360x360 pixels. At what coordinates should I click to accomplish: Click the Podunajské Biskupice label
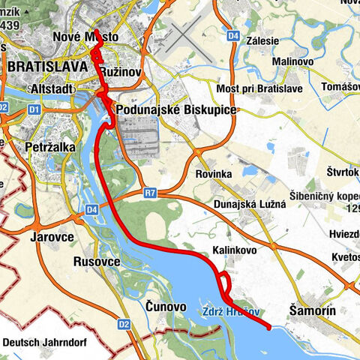175,110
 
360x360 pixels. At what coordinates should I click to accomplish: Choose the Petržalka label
49,147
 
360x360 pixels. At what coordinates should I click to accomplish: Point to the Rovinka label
214,174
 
